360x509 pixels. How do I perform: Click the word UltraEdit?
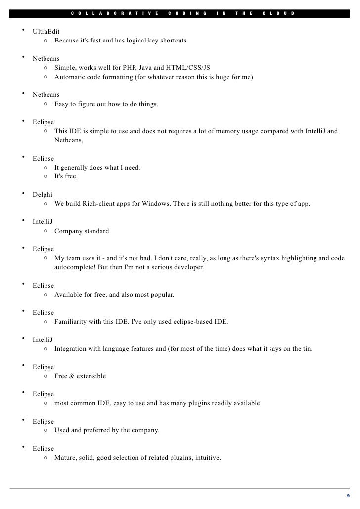pyautogui.click(x=46, y=32)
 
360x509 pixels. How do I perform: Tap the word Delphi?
pyautogui.click(x=43, y=195)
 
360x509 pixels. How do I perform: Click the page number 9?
pyautogui.click(x=348, y=496)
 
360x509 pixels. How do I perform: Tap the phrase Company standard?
pyautogui.click(x=82, y=231)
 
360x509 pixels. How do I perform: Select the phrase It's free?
pyautogui.click(x=66, y=176)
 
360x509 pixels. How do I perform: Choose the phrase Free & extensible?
pyautogui.click(x=80, y=376)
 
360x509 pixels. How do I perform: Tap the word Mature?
pyautogui.click(x=66, y=458)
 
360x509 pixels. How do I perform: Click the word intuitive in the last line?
pyautogui.click(x=207, y=458)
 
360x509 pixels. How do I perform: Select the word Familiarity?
pyautogui.click(x=72, y=322)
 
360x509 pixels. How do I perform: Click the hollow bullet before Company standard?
pyautogui.click(x=45, y=231)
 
